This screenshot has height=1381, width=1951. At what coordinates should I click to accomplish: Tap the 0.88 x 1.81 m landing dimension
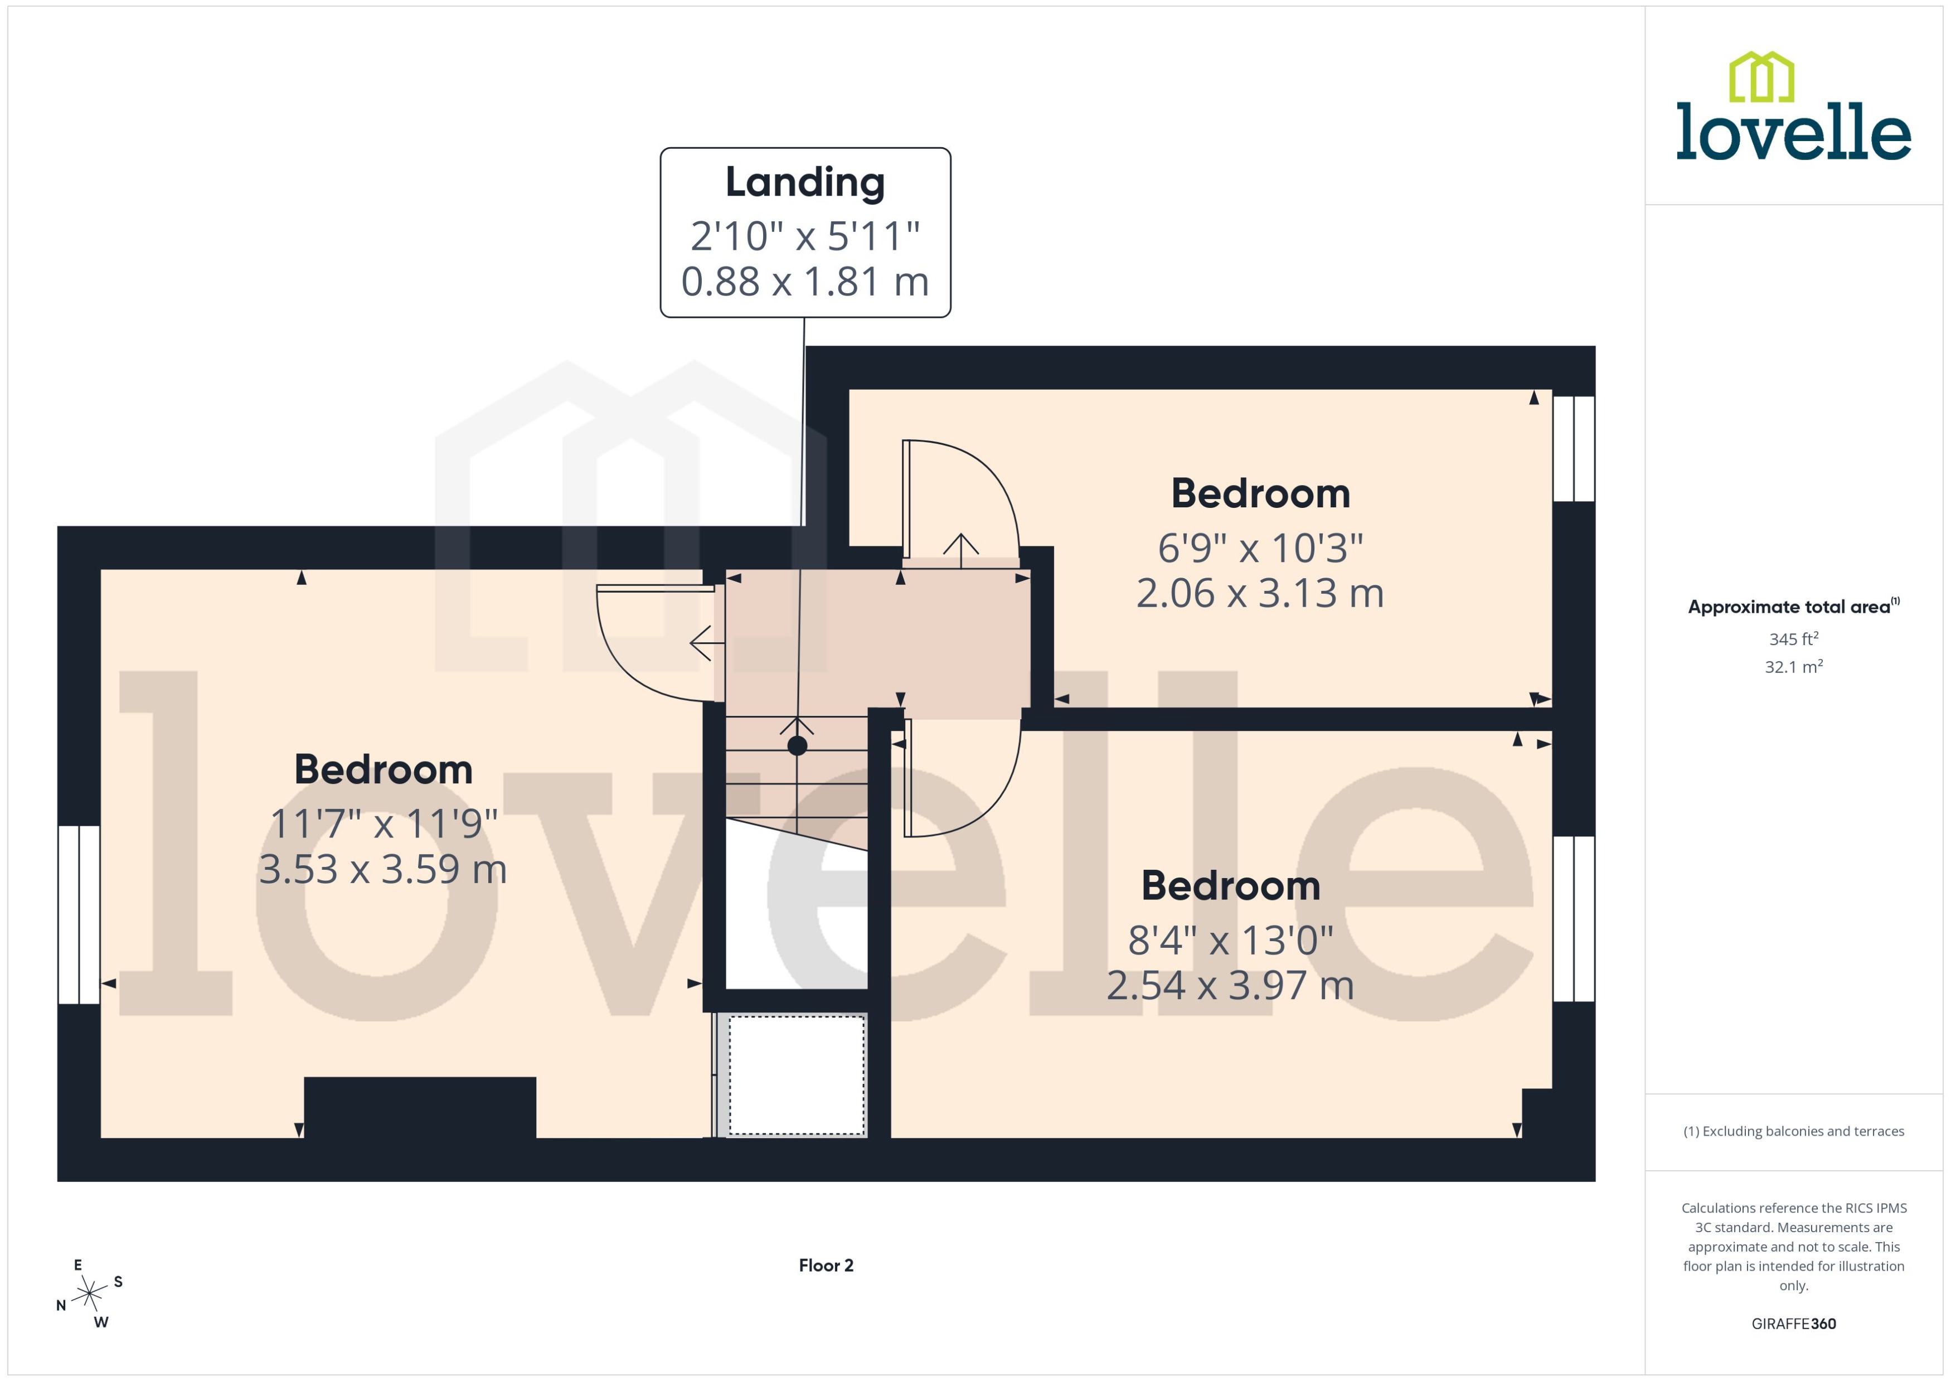click(804, 282)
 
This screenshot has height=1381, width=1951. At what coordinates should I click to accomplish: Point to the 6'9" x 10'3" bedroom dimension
click(1260, 549)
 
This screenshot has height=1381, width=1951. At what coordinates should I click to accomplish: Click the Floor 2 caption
click(826, 1266)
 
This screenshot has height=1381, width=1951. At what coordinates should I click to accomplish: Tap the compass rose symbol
click(89, 1294)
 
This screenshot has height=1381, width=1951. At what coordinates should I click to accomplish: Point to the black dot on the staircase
click(797, 746)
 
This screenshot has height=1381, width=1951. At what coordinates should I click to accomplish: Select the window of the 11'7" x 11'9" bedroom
click(79, 914)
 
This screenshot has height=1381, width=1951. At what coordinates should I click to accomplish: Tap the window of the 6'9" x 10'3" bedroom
click(1574, 448)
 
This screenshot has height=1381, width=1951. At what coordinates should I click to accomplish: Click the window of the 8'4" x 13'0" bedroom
click(1574, 918)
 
